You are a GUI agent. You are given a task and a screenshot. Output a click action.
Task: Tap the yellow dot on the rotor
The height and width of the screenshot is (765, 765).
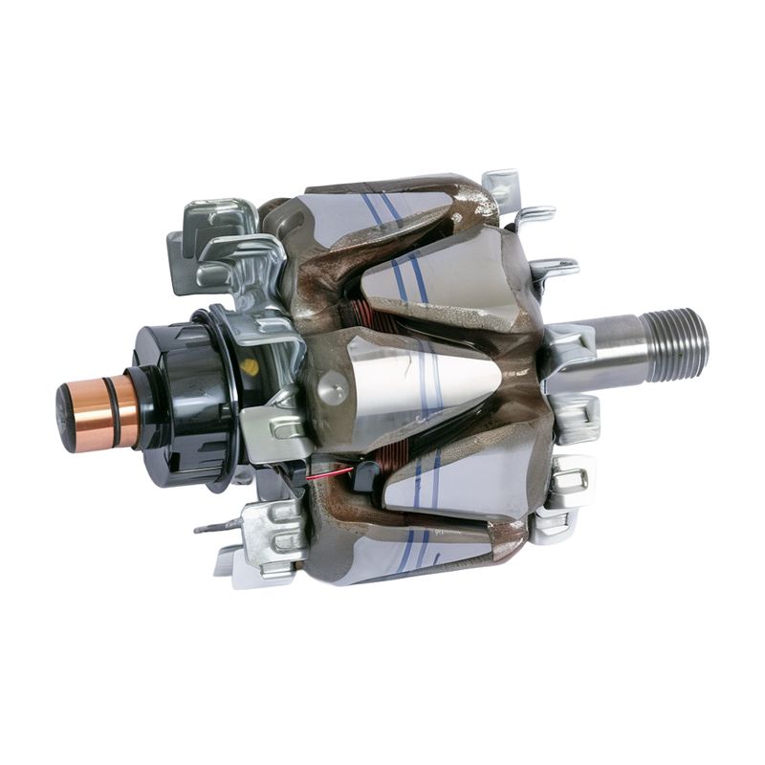pos(250,366)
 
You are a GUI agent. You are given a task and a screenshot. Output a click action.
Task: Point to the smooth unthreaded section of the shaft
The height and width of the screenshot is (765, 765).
pos(612,345)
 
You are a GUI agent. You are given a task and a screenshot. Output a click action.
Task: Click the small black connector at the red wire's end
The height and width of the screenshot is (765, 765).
pos(365,474)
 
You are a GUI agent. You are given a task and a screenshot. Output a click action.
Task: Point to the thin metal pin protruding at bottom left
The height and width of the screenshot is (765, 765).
pos(212,525)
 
